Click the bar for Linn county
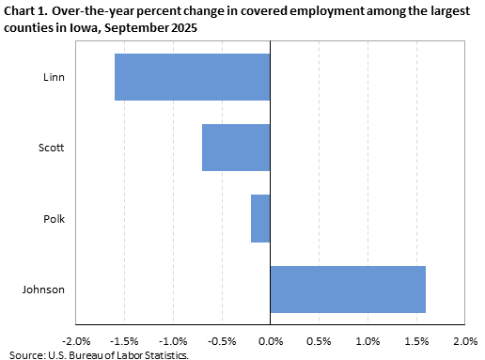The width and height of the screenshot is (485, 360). point(192,77)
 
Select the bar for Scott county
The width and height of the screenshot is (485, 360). point(236,148)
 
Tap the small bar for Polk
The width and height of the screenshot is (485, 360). point(260,218)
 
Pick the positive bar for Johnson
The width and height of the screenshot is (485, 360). point(348,290)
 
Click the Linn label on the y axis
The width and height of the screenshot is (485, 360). point(54,77)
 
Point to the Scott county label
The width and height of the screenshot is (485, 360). point(52,148)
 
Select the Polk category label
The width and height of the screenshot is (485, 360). point(54,218)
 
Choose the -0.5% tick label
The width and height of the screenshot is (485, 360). point(221,340)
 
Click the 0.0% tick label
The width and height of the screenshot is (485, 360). point(271,340)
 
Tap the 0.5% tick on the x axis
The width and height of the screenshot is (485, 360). point(320,340)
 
